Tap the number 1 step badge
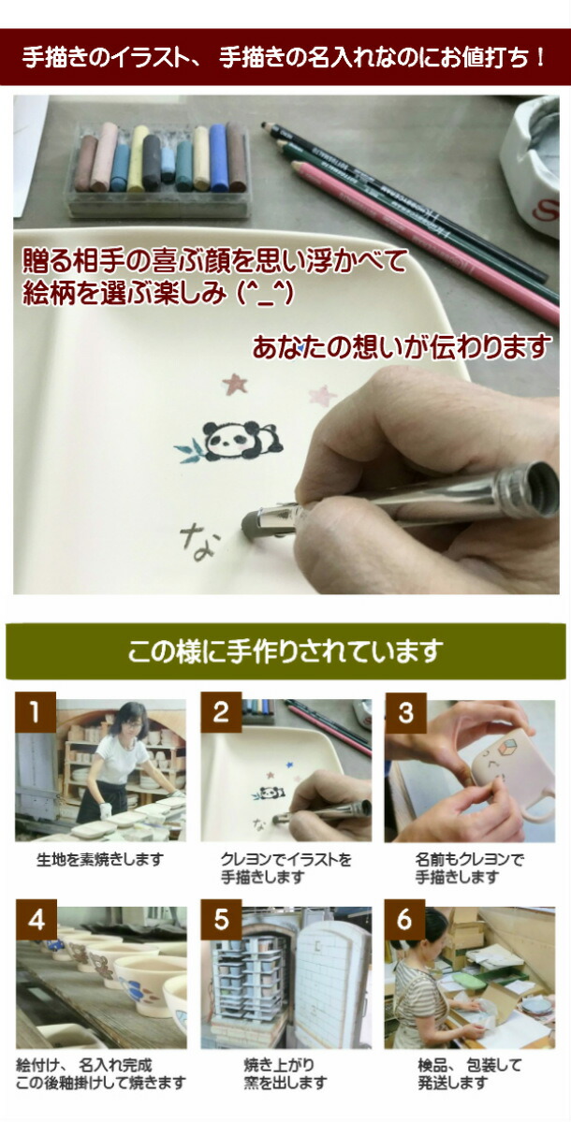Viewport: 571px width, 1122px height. pyautogui.click(x=35, y=713)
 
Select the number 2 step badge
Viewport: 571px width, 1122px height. pyautogui.click(x=221, y=713)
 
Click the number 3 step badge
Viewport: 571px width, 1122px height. pyautogui.click(x=405, y=713)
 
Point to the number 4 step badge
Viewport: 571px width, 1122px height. pyautogui.click(x=36, y=920)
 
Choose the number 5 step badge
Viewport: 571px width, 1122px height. pyautogui.click(x=221, y=920)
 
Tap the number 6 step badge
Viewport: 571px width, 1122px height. pyautogui.click(x=404, y=920)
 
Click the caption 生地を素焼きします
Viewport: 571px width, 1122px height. pyautogui.click(x=100, y=859)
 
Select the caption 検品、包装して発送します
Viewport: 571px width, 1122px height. pyautogui.click(x=469, y=1073)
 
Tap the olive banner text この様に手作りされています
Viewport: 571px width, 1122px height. pyautogui.click(x=285, y=650)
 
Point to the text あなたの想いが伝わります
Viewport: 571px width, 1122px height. pyautogui.click(x=402, y=347)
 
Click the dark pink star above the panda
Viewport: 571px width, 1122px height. pyautogui.click(x=234, y=384)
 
